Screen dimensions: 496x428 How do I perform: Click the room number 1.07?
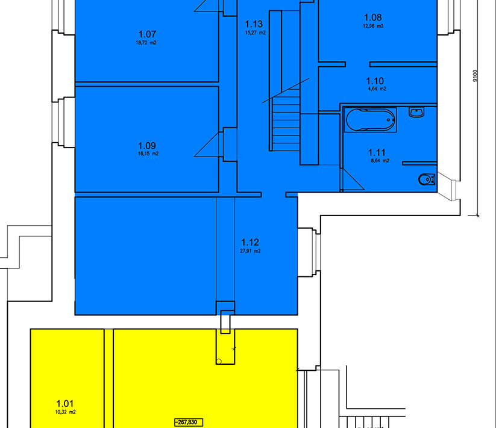[147, 34]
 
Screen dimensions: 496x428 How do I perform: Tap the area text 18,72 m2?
[146, 43]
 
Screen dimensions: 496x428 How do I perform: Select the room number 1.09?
[147, 146]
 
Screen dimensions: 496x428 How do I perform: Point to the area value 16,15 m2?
[148, 154]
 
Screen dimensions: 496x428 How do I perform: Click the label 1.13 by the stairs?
[254, 23]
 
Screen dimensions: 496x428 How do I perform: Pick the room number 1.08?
[372, 17]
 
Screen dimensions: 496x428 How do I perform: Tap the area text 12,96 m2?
[373, 26]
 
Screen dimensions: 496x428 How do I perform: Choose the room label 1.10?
[375, 81]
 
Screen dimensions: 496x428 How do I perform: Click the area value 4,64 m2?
[377, 88]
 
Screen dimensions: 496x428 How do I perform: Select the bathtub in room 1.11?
[370, 120]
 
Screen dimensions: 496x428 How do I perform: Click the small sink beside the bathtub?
[416, 112]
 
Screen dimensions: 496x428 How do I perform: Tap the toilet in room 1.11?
[427, 179]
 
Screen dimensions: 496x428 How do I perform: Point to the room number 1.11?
[377, 152]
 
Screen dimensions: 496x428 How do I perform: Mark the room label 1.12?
[250, 242]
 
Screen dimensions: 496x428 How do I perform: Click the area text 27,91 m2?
[251, 251]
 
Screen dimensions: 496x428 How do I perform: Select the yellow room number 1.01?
[65, 403]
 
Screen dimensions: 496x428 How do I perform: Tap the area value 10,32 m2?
[66, 412]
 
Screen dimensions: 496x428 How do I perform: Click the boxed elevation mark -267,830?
[189, 423]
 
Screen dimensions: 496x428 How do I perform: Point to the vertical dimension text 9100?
[475, 76]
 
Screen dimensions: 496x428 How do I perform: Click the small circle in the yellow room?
[219, 361]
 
